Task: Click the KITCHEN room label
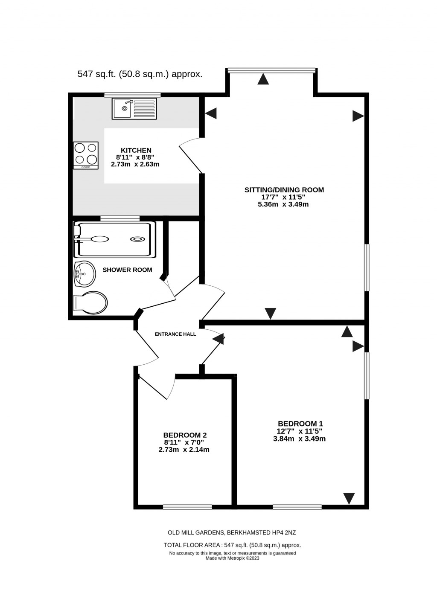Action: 136,150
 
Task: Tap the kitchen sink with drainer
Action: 134,108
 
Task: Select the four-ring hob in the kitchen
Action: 86,155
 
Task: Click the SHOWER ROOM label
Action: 127,270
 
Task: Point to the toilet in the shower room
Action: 90,303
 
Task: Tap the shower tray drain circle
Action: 137,239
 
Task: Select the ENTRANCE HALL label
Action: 175,334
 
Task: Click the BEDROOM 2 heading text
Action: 185,435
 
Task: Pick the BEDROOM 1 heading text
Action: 300,424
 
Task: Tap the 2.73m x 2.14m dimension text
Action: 184,450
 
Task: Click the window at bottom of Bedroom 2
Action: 187,507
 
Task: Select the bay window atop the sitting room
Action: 271,70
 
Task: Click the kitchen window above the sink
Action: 132,95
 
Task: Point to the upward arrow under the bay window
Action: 263,79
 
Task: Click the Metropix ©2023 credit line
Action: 232,558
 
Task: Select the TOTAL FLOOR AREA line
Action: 232,545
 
